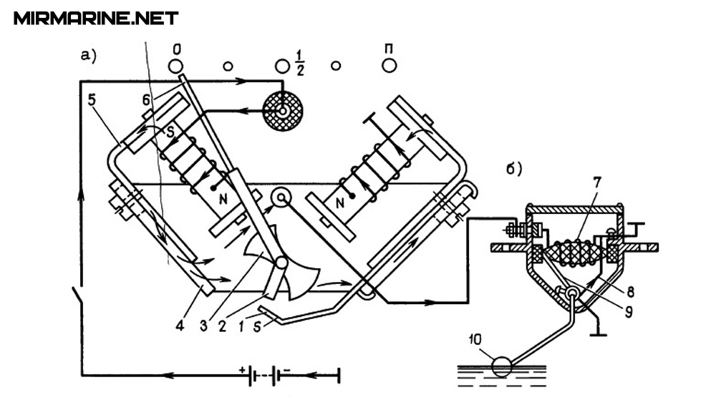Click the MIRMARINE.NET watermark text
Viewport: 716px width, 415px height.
coord(96,19)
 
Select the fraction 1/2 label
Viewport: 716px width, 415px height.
coord(299,63)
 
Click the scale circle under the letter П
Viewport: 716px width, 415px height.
coord(390,65)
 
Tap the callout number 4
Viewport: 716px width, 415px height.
coord(180,326)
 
